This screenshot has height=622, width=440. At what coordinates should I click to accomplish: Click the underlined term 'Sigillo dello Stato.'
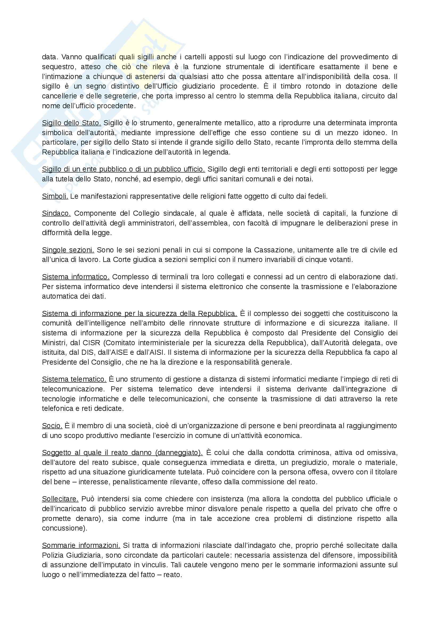pos(71,123)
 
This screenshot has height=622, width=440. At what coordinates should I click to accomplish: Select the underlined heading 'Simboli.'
pos(55,196)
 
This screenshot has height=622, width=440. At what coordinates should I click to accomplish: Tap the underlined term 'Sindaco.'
pos(56,214)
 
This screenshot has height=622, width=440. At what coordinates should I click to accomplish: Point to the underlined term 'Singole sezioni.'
pos(68,250)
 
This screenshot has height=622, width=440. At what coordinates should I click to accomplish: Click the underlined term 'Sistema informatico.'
pos(76,277)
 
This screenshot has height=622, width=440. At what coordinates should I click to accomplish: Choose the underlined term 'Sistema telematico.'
pos(74,379)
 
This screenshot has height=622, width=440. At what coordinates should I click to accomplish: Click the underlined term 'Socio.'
pos(52,425)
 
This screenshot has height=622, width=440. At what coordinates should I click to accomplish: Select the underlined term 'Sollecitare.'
pos(60,499)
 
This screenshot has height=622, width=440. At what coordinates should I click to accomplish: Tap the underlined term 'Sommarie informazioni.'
pos(81,545)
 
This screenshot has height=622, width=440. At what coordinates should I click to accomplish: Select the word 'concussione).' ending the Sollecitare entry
pos(64,528)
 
